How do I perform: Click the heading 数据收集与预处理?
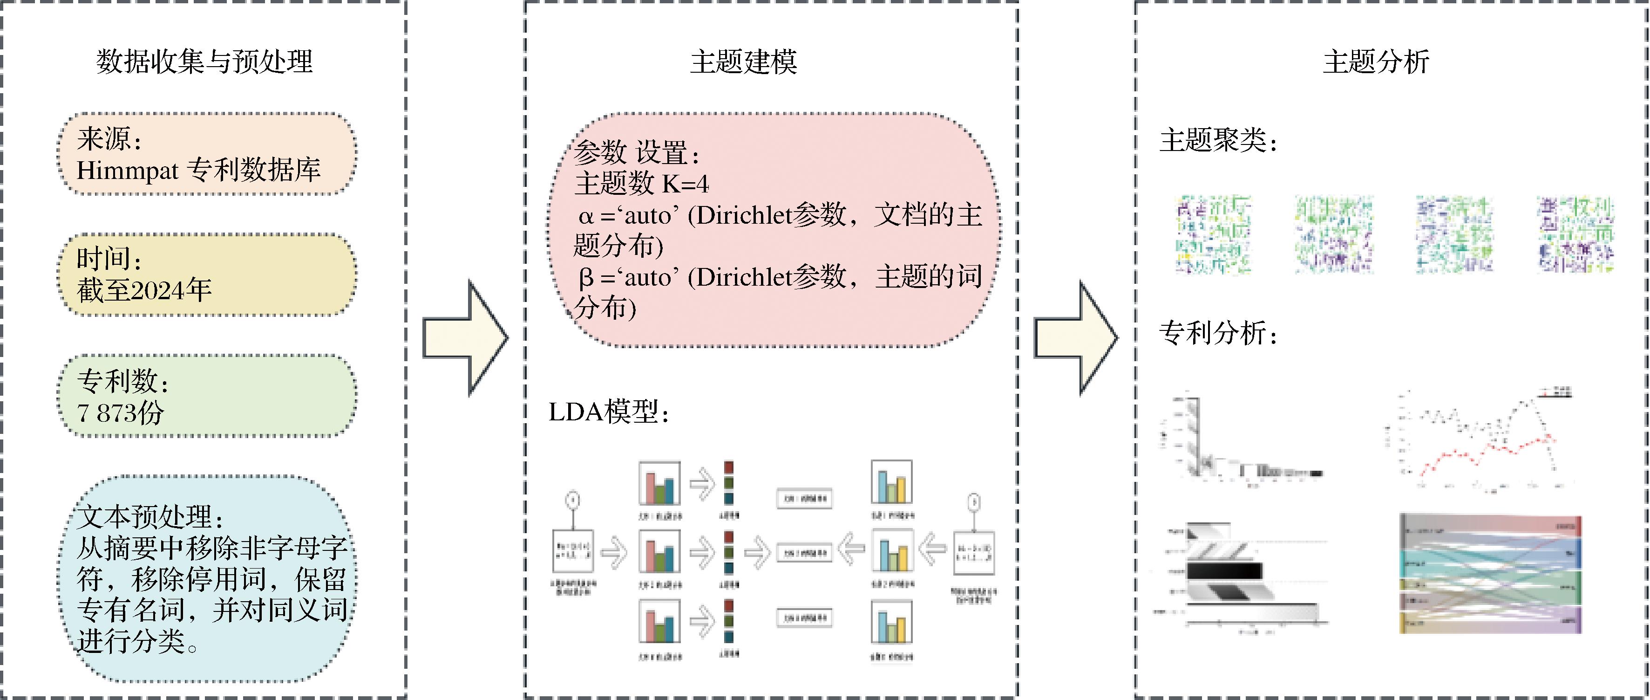[204, 62]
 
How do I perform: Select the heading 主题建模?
[743, 62]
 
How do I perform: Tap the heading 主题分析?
[1376, 62]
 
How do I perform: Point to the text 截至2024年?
[144, 290]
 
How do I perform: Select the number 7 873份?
[121, 412]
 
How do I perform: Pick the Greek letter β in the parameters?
[585, 278]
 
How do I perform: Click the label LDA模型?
[607, 412]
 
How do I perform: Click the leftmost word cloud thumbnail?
[1213, 234]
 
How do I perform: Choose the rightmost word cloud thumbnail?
[1575, 234]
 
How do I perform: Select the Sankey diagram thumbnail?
[1491, 573]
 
